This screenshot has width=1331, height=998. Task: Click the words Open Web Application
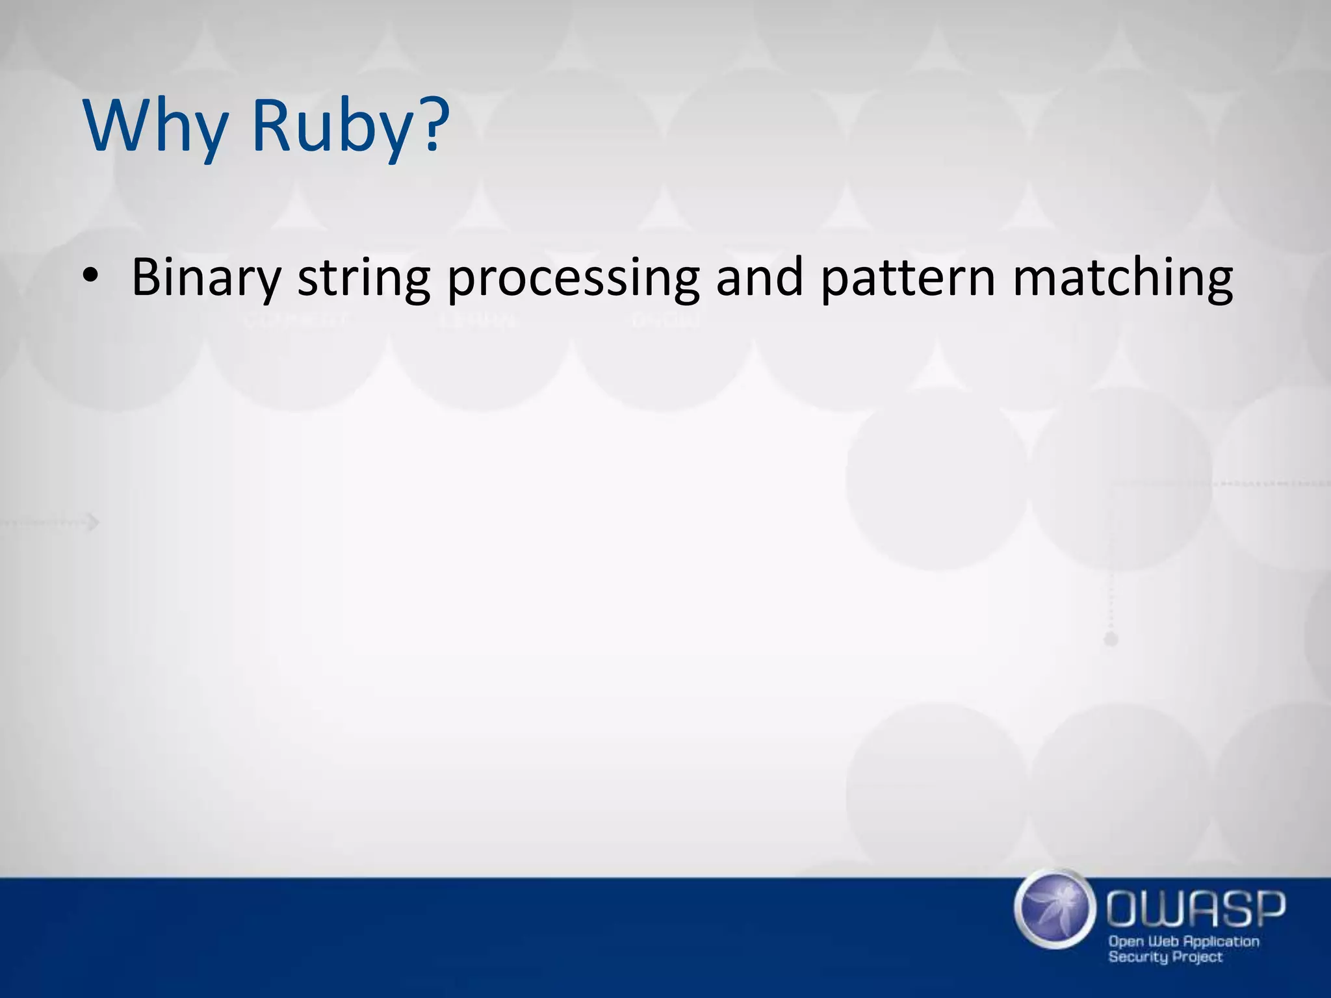tap(1183, 941)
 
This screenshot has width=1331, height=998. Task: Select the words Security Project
tap(1165, 957)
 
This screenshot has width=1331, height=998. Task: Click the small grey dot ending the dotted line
tap(1111, 640)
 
